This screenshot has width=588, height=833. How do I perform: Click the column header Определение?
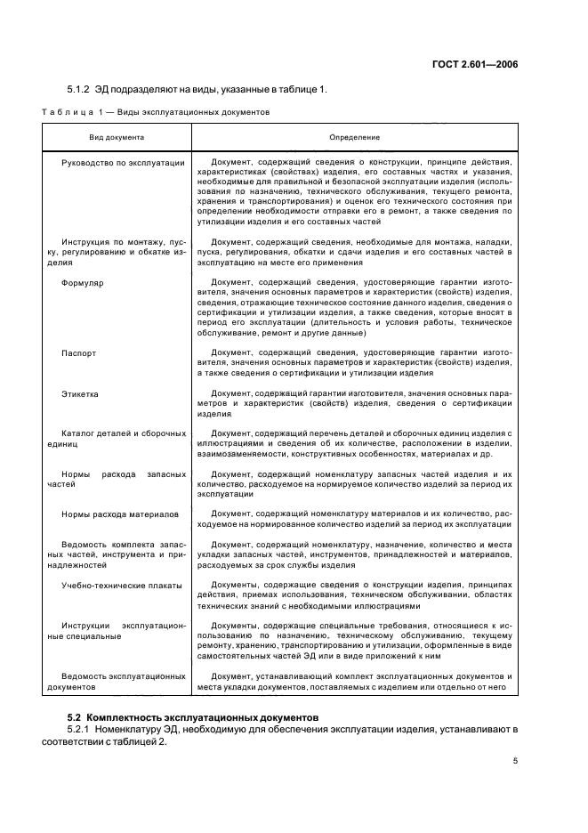[354, 138]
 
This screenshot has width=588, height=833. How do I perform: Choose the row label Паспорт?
[78, 353]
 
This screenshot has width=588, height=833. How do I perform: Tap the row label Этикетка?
[80, 392]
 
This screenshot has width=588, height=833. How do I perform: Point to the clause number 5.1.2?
[81, 89]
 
